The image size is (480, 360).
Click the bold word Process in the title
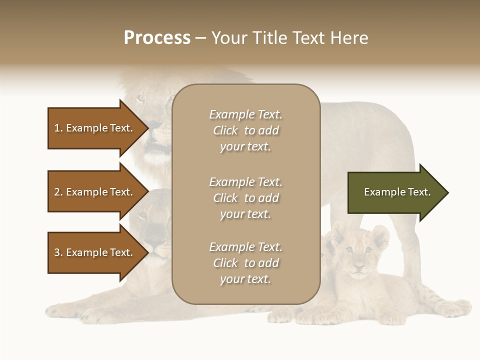(x=157, y=38)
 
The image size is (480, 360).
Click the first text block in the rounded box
(x=245, y=130)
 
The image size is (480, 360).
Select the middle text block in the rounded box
(x=245, y=198)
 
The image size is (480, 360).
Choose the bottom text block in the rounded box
(x=245, y=263)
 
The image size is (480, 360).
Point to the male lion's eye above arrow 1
(x=140, y=98)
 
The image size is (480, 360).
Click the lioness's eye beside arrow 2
(x=143, y=215)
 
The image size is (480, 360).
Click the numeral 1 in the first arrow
(x=57, y=128)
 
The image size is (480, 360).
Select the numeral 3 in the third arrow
(x=57, y=252)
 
